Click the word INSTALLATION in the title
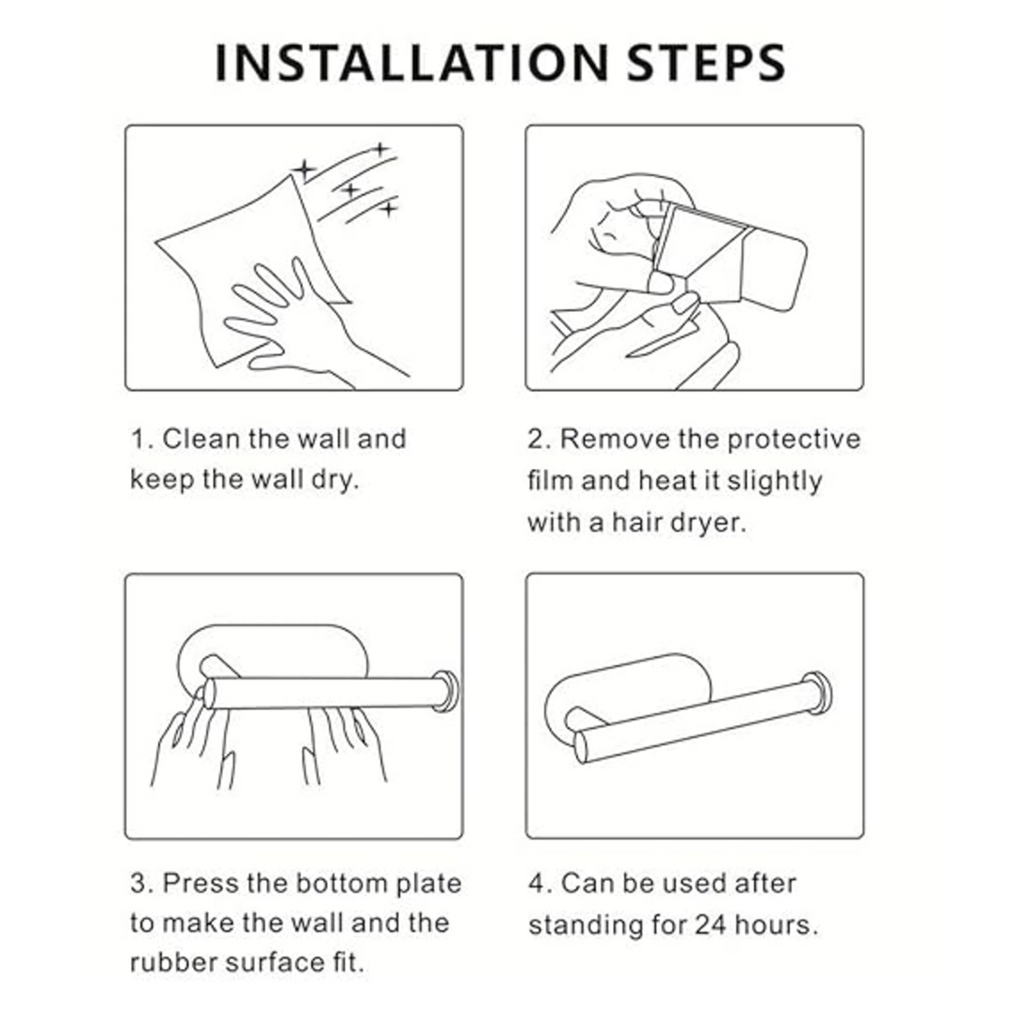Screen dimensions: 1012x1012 coord(411,64)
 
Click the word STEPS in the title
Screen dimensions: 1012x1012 coord(707,64)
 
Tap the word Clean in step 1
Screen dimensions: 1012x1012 coord(201,439)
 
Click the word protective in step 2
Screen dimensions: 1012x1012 coord(794,440)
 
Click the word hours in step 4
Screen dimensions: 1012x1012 coord(777,924)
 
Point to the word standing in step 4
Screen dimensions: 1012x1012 coord(586,926)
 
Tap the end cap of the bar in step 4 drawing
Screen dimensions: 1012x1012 coord(817,693)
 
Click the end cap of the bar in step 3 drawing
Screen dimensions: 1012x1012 coord(445,691)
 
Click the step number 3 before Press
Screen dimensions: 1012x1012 coord(140,883)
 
